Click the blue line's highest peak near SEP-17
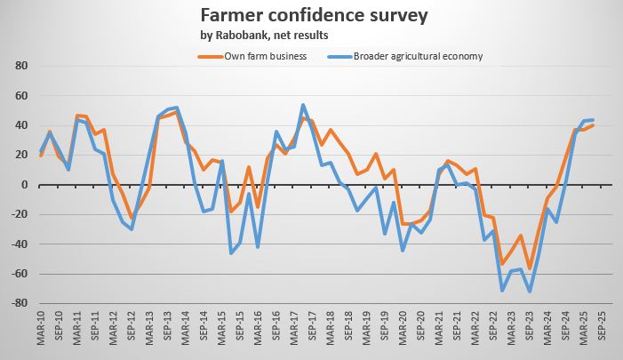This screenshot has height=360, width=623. pos(303,105)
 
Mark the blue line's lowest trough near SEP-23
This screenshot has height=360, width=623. pos(530,292)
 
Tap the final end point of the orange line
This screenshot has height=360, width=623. pos(593,125)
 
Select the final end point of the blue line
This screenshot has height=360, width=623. pos(593,120)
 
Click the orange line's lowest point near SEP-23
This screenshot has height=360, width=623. pos(530,268)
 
